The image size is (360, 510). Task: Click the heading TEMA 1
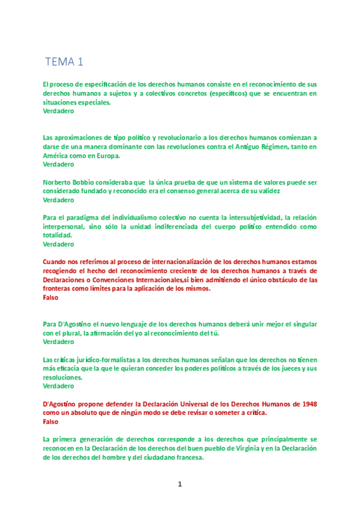64,61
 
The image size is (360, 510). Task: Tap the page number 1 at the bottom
179,484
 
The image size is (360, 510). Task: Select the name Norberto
59,182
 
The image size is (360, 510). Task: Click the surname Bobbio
90,182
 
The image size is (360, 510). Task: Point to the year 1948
308,404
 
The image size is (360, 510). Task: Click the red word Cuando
57,262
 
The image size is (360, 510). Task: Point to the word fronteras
59,289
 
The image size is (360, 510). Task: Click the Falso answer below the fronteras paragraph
52,298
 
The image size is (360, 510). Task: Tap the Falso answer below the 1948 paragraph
52,422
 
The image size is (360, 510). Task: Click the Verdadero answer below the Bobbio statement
59,200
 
